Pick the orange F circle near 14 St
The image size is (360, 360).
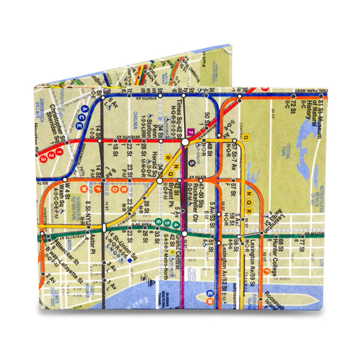[x=97, y=190]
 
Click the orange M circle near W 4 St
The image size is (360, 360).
[x=67, y=190]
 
